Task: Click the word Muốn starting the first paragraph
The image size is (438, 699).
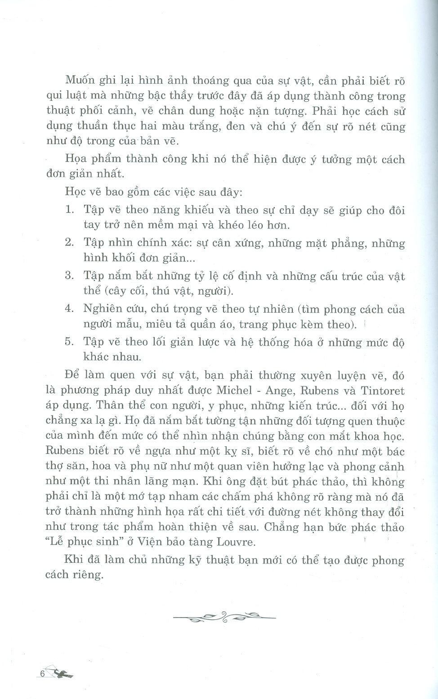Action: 80,81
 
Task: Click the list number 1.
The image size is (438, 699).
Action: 69,210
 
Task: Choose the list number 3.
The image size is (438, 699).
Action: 69,276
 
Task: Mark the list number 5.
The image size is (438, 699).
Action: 69,342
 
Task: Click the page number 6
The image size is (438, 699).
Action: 42,674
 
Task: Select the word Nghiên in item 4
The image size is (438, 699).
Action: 101,309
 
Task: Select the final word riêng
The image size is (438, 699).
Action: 87,575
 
